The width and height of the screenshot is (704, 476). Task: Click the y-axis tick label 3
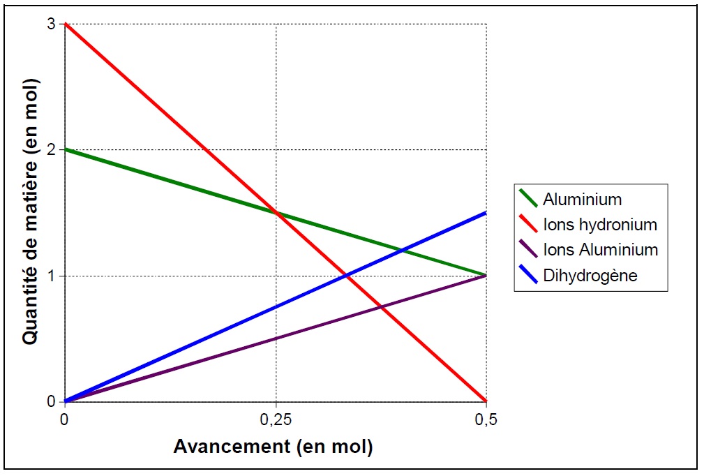(x=52, y=24)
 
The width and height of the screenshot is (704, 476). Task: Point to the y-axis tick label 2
(x=52, y=149)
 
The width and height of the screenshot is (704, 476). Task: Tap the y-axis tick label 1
(x=52, y=276)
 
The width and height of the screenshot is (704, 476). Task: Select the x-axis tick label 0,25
(x=276, y=419)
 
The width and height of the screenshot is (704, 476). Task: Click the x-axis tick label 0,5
(x=486, y=419)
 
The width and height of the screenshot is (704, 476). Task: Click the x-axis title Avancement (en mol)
(x=273, y=446)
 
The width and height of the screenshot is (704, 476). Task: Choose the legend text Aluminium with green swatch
(x=582, y=200)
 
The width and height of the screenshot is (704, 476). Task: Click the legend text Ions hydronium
(x=600, y=225)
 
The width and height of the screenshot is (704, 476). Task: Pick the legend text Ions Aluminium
(x=600, y=250)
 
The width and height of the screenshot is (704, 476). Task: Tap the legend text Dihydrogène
(x=590, y=275)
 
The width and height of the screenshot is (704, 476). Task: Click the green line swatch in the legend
(x=527, y=200)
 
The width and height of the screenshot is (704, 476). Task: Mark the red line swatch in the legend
(x=527, y=225)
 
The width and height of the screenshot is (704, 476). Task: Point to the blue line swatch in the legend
(x=527, y=275)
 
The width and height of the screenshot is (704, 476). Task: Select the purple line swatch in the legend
(x=527, y=250)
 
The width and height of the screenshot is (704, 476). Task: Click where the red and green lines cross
(x=276, y=212)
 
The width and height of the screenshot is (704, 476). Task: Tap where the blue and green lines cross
(x=401, y=251)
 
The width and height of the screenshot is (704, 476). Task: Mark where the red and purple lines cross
(x=381, y=307)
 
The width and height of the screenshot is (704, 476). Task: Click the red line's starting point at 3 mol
(x=66, y=24)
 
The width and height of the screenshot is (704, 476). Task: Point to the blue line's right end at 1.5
(x=486, y=212)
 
